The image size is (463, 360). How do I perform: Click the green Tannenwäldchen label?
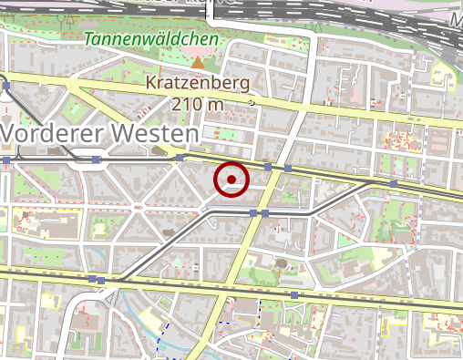pos(151,40)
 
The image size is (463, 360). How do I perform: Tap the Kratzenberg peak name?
pos(197,83)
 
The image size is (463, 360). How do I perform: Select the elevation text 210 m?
pos(197,103)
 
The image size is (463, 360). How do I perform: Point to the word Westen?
pos(152,133)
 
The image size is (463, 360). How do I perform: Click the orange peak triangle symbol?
pos(198,62)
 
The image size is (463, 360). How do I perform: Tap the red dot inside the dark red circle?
pos(231,180)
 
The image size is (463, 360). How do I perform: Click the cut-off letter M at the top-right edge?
pos(457,18)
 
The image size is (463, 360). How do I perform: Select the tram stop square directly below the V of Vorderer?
pos(7,160)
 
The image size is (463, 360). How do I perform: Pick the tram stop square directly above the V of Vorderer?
pos(7,86)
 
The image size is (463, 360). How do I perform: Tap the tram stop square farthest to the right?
pos(393,183)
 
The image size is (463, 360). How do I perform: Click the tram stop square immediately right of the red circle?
pos(267,168)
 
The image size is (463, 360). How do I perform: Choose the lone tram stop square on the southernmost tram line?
pos(294,295)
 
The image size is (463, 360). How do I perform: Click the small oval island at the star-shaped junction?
pos(139,207)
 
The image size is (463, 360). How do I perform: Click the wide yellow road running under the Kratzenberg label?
pos(301,107)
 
